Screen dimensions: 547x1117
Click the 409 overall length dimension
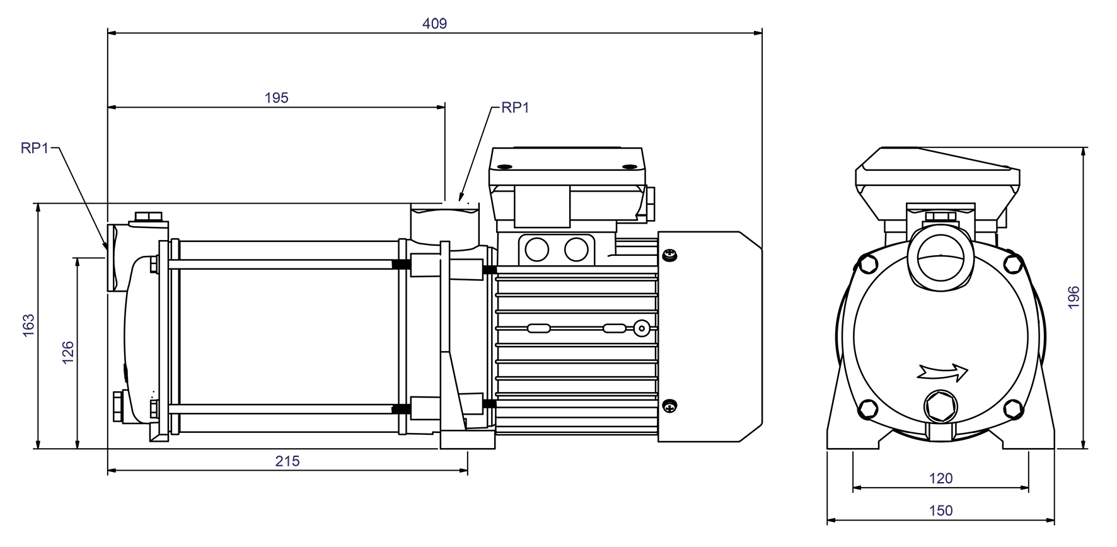pos(434,24)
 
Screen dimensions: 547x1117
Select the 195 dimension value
pos(276,98)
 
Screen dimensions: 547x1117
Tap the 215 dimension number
pos(287,461)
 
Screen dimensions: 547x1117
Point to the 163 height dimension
pos(28,325)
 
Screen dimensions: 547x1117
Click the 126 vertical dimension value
pos(68,353)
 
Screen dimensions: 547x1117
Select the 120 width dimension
pos(940,478)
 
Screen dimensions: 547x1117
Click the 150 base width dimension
pos(940,511)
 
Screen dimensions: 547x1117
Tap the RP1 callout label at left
pos(35,148)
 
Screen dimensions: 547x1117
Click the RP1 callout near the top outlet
pos(515,108)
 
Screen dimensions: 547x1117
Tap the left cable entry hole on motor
pos(536,250)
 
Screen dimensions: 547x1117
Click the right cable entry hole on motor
pos(576,250)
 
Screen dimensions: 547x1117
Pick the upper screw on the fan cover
pos(670,255)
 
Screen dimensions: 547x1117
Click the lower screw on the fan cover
pos(670,406)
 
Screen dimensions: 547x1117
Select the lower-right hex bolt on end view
pos(1012,408)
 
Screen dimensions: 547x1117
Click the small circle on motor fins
pos(641,328)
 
